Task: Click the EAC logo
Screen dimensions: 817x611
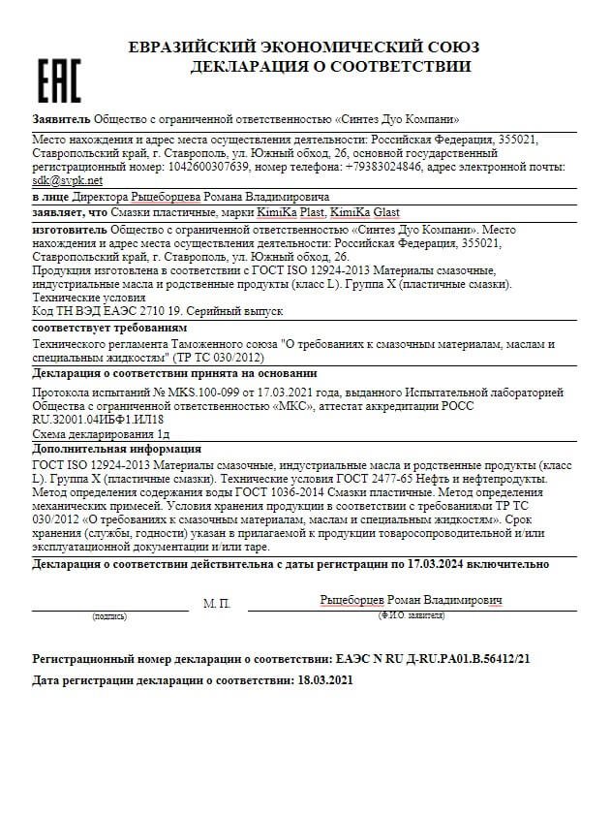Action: click(58, 80)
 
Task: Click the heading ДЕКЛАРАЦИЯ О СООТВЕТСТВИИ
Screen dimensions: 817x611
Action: click(330, 67)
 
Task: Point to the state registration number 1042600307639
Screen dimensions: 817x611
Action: click(204, 167)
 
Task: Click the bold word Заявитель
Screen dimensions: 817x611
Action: click(61, 119)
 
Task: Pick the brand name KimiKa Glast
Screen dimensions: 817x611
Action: click(365, 212)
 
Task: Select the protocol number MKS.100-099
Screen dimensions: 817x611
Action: click(190, 393)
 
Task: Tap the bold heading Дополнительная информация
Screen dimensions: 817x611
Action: click(116, 449)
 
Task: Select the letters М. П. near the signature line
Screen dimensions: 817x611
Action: click(217, 603)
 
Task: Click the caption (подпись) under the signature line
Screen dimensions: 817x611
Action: click(109, 616)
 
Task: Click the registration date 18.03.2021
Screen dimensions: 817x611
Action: click(324, 680)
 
